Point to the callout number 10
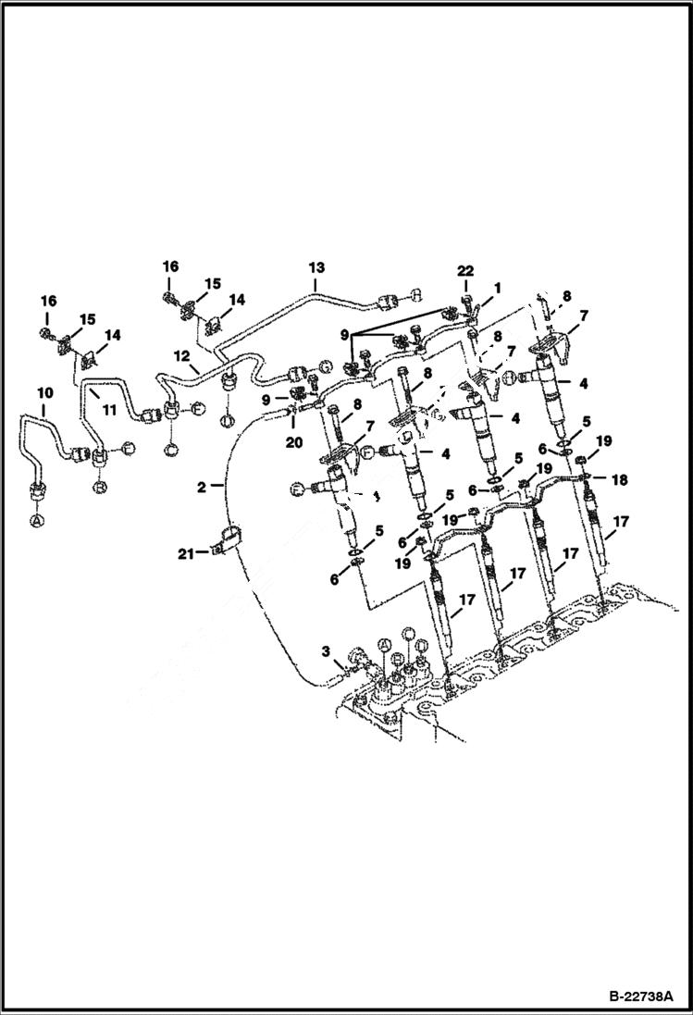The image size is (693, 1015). click(43, 394)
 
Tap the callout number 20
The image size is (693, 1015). click(293, 443)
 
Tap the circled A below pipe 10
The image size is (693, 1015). click(37, 522)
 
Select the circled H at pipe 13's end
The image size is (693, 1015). click(415, 293)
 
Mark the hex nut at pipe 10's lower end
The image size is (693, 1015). click(37, 491)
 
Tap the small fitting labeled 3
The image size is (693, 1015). click(353, 661)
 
